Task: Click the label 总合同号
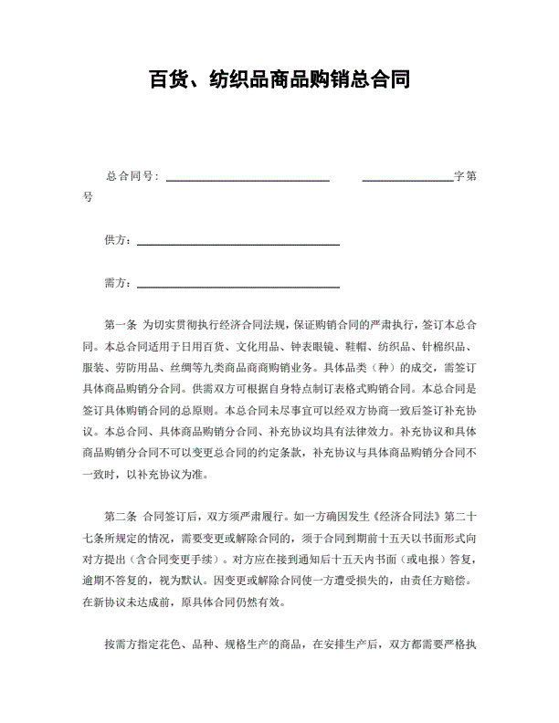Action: click(x=132, y=176)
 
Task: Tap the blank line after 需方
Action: click(x=237, y=287)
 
